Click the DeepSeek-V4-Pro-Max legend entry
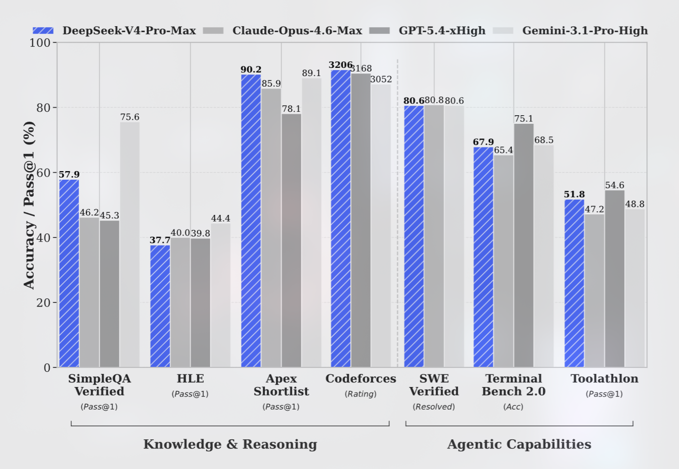click(114, 31)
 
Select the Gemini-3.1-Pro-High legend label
click(584, 31)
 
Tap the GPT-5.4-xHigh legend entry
click(442, 31)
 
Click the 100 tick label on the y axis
click(40, 43)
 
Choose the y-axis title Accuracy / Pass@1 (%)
click(29, 205)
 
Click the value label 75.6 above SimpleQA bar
click(130, 117)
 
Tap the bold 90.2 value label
click(250, 69)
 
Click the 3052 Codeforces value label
click(381, 79)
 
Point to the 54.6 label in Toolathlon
click(615, 185)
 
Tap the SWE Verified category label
click(434, 385)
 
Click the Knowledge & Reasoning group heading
click(230, 444)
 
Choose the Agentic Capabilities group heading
click(519, 444)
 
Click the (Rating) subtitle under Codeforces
click(361, 394)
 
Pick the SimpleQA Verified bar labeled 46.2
click(89, 292)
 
